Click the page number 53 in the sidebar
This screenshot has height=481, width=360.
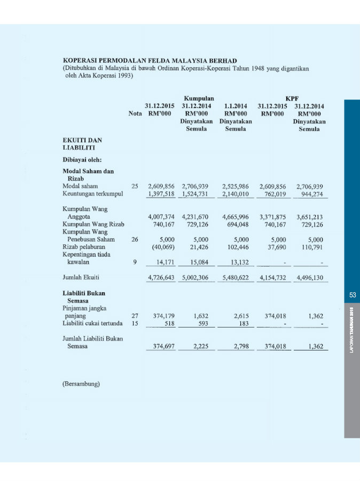[x=353, y=294]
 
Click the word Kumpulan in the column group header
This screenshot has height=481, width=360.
[x=199, y=98]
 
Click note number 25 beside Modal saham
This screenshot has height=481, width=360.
[x=135, y=186]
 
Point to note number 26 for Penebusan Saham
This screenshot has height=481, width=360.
[x=135, y=240]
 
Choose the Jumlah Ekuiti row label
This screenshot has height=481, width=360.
[x=81, y=277]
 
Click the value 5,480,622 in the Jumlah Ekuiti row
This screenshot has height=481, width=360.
[x=236, y=277]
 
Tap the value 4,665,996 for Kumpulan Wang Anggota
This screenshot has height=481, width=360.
[x=236, y=217]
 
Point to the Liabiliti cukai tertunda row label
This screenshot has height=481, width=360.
[x=92, y=323]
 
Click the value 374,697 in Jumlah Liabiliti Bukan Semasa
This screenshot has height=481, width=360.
[x=161, y=347]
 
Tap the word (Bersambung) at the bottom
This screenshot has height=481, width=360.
[x=81, y=384]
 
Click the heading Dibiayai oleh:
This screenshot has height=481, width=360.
[x=82, y=159]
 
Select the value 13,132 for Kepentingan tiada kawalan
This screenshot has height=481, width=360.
[x=238, y=262]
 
